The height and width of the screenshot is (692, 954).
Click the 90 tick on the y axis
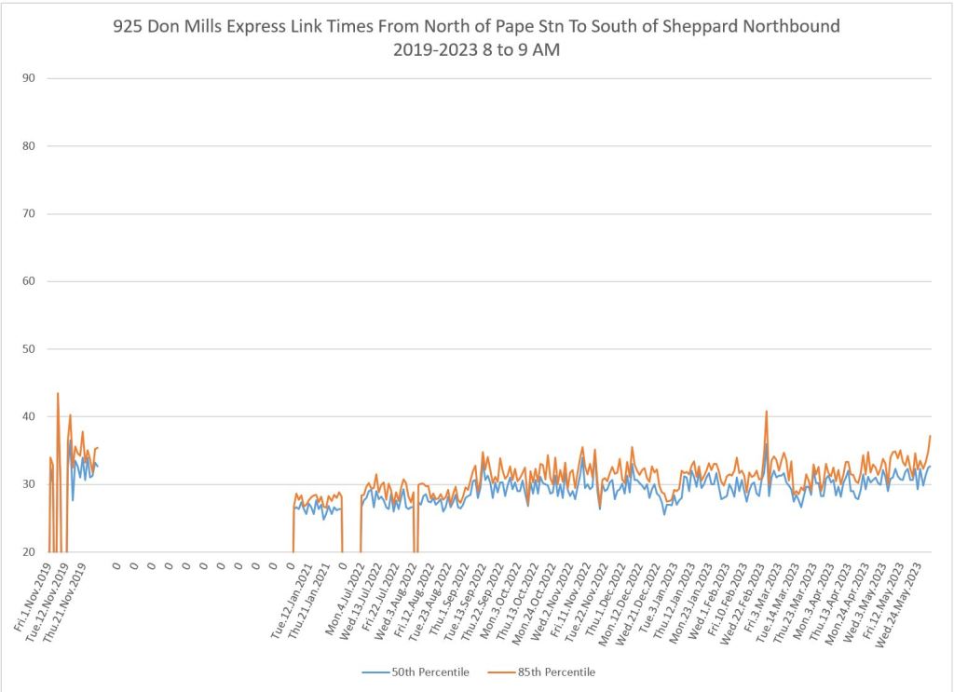28,78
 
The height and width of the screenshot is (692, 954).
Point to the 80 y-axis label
28,146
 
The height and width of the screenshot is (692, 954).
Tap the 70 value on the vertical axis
28,214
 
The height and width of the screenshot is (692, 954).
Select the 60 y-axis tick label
28,281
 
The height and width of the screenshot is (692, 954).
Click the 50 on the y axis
28,349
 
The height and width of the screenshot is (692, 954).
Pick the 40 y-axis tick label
28,416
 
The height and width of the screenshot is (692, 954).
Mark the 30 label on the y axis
28,484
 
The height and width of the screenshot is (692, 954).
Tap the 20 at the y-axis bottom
28,552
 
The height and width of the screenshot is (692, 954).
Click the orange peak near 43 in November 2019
58,393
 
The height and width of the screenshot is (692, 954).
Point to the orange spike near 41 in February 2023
767,411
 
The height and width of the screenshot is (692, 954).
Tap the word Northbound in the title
794,26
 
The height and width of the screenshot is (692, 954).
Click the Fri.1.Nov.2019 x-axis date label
34,596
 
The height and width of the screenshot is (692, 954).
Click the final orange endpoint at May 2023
930,436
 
